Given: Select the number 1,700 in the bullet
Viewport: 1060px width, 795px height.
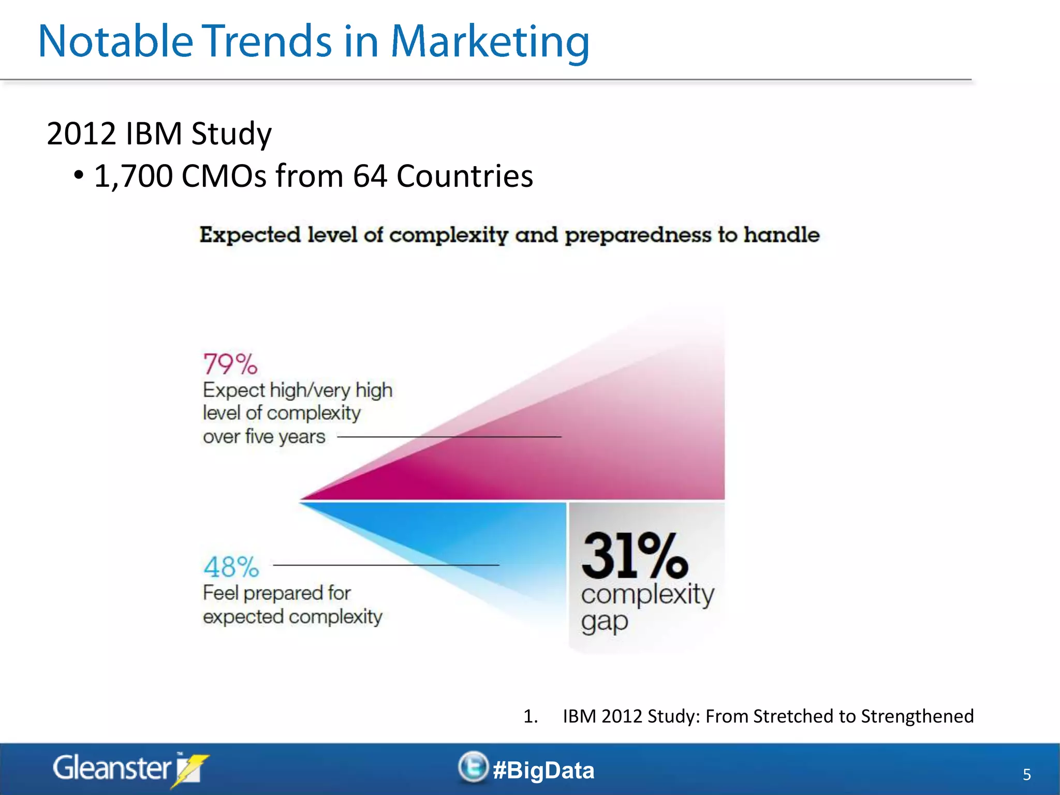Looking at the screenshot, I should point(133,176).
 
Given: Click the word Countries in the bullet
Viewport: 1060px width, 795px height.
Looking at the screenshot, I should point(464,176).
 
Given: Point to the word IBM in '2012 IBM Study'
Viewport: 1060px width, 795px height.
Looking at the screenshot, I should point(153,134).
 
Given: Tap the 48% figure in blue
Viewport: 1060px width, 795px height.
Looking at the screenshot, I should point(231,567).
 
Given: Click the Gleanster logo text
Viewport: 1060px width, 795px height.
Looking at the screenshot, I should point(112,768).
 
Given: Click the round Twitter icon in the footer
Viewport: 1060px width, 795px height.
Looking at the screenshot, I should point(473,767).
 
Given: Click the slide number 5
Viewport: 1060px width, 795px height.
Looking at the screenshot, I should point(1027,775).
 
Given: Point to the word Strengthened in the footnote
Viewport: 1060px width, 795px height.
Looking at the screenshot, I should point(917,716).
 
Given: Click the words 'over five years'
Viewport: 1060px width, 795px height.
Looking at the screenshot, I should point(264,437).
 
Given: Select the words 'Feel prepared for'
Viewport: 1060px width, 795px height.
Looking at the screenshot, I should point(276,593).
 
